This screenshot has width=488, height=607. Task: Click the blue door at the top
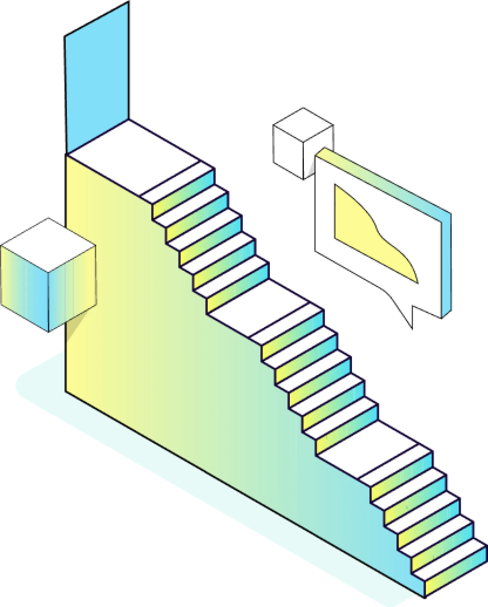click(x=97, y=79)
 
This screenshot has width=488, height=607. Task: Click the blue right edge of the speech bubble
click(x=446, y=264)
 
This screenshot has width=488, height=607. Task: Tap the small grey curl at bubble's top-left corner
click(x=310, y=167)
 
